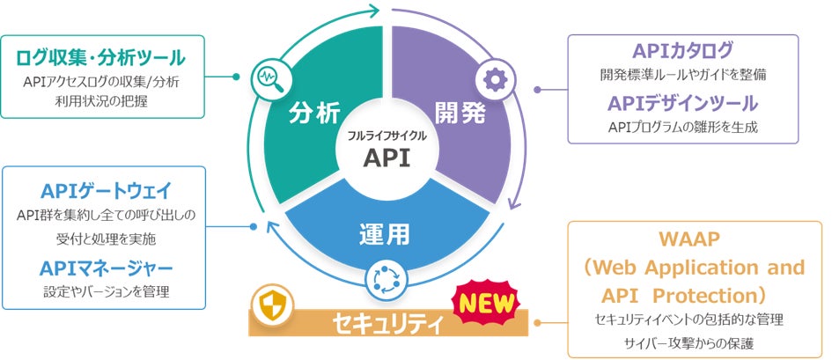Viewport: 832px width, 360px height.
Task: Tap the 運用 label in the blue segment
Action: [x=386, y=234]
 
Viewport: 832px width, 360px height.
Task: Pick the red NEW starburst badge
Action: [x=483, y=304]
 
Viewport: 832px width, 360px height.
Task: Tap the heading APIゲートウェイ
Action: [x=106, y=191]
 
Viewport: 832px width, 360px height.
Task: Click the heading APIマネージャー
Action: [x=106, y=268]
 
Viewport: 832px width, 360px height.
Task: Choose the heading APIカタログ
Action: [x=682, y=51]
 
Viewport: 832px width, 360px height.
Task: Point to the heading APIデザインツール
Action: [x=682, y=103]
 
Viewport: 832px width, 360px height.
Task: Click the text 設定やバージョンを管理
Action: [x=106, y=291]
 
